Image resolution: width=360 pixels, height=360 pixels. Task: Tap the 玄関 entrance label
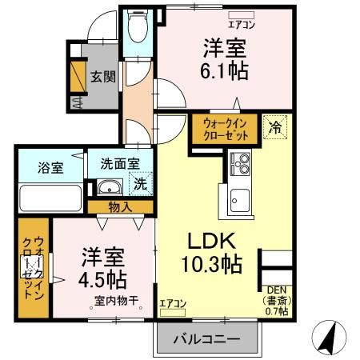(102, 77)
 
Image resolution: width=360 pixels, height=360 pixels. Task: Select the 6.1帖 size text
(223, 70)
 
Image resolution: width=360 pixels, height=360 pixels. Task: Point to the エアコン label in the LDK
(172, 303)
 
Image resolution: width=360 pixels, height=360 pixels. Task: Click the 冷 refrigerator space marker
(274, 126)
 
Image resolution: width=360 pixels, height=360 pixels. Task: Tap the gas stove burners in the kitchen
(240, 164)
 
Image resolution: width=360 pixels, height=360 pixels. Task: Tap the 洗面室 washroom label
(120, 162)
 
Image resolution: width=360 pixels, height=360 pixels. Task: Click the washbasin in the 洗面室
(110, 189)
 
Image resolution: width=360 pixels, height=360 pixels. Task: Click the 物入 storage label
(121, 207)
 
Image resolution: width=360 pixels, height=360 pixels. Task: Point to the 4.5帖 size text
(102, 281)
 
